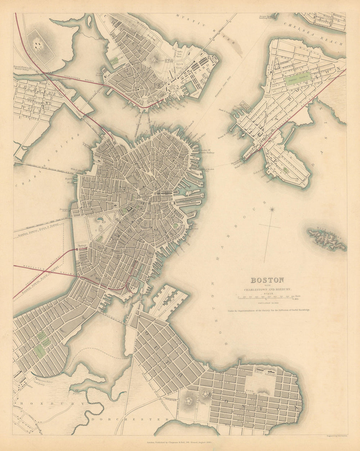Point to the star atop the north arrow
coord(273,209)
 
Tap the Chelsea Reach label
coord(313,34)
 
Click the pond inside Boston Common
coord(98,218)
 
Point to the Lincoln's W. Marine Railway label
coord(206,151)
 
